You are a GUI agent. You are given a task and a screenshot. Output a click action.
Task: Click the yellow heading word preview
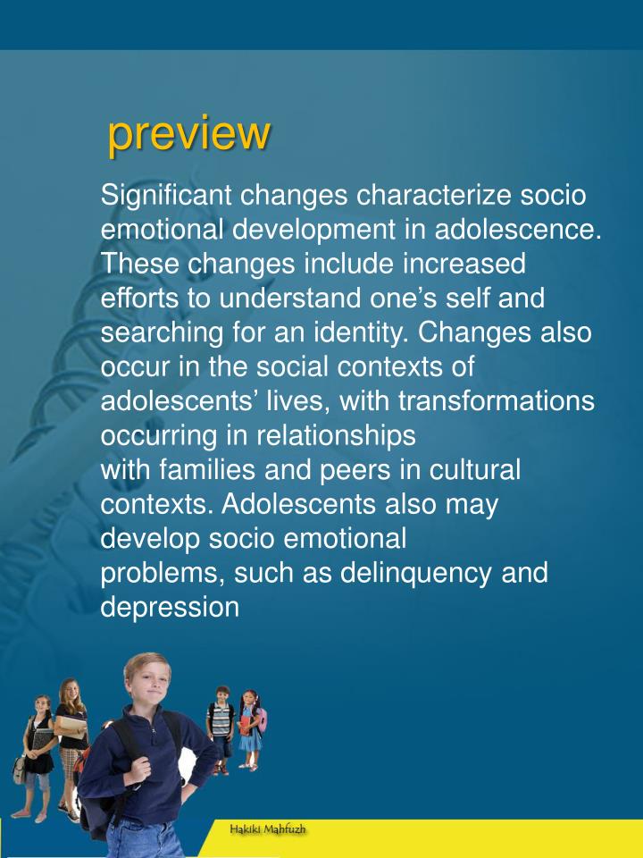point(188,134)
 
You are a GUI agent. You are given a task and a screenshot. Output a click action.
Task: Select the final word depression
point(170,607)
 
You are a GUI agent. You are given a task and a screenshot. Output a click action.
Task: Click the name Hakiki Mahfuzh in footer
point(268,829)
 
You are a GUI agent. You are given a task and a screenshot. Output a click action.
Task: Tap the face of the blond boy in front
point(146,683)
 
